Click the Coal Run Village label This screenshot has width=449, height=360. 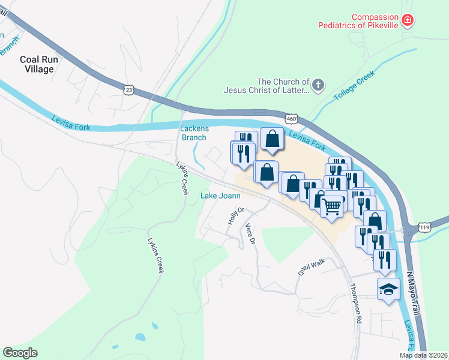37,64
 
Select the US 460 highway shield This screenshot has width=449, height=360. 292,119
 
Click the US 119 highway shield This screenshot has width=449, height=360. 424,227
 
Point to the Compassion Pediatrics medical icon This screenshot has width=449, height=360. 408,20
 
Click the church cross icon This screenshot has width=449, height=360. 318,85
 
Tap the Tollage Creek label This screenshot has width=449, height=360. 354,85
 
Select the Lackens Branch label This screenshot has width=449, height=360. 194,133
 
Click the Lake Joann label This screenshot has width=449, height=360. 220,196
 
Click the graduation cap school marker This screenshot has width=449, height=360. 388,289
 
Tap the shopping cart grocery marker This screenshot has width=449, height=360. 331,206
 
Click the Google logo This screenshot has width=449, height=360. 20,353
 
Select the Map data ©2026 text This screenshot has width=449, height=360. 423,355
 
